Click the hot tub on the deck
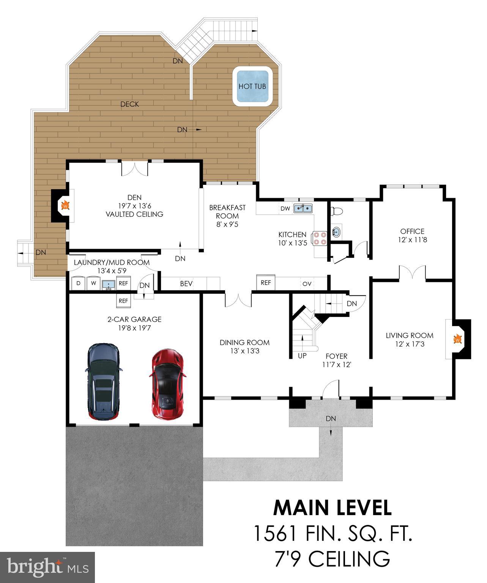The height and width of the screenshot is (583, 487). point(252,86)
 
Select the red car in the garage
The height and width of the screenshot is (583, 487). point(167,384)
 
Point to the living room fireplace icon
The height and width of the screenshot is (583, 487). point(458,339)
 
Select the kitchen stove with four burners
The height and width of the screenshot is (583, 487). point(319,239)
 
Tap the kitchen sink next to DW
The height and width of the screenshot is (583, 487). point(303,208)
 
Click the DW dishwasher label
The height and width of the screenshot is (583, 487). point(285,208)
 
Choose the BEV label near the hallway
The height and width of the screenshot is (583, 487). point(186,284)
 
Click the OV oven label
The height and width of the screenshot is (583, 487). point(307,284)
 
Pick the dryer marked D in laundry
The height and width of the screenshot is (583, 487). point(78,283)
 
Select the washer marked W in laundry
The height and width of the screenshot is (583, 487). point(93,283)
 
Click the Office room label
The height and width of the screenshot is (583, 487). point(412,231)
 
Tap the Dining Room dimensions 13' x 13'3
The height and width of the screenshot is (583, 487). point(244,351)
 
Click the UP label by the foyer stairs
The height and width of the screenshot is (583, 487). point(302,356)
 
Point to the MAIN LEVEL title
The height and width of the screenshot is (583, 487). point(332,507)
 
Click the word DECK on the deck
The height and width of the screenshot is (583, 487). point(129,104)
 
